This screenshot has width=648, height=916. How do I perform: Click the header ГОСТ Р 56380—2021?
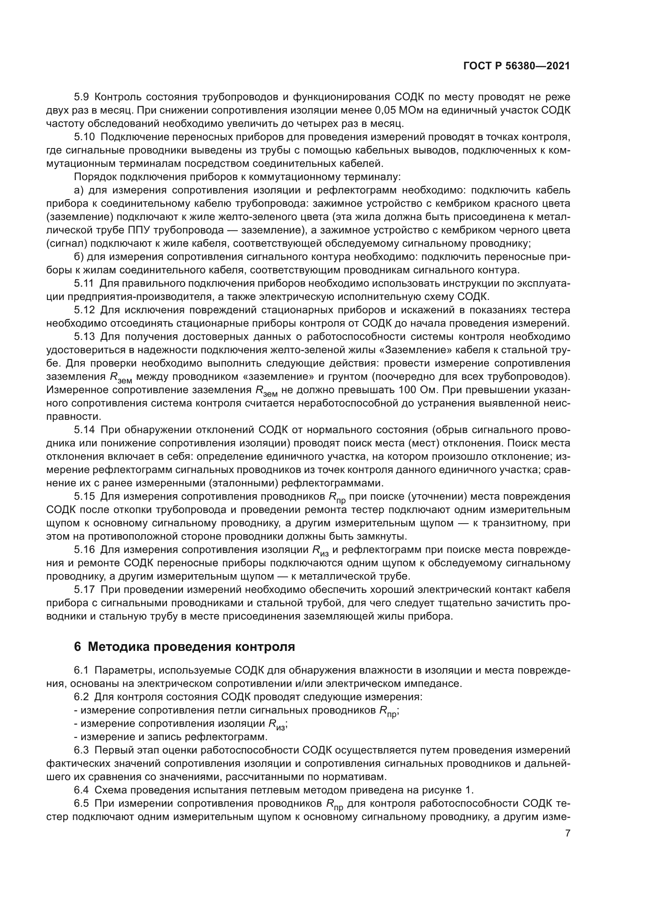pos(516,66)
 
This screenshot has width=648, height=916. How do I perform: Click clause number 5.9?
pos(82,97)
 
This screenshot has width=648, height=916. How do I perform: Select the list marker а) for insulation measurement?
pos(79,190)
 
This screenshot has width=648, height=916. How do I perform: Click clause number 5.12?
pos(84,310)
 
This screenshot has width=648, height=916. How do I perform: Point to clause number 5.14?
pos(84,430)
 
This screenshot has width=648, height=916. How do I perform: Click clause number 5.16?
pos(84,550)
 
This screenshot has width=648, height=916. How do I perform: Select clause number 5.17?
pos(84,590)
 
